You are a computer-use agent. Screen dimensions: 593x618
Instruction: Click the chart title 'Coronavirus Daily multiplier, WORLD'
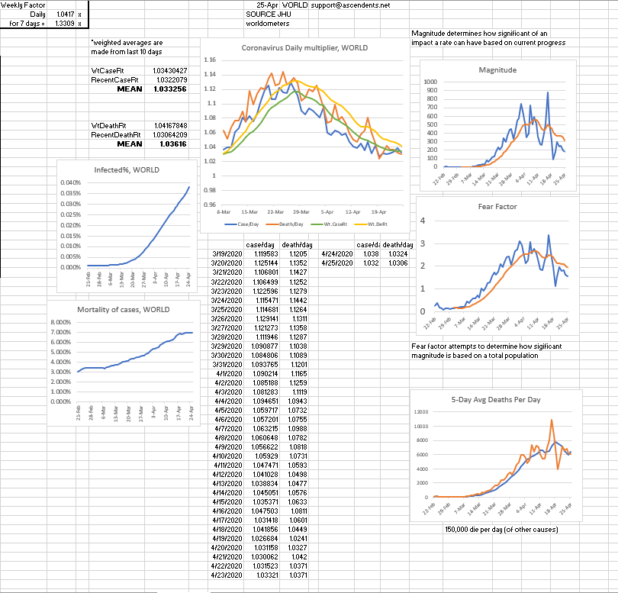coord(304,47)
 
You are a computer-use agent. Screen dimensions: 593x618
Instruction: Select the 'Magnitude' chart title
coord(497,69)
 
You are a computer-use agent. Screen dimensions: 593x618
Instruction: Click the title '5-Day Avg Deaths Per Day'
coord(496,398)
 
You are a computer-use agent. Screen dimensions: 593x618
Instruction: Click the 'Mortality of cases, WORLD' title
coord(124,309)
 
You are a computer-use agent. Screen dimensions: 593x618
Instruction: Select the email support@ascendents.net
coord(350,5)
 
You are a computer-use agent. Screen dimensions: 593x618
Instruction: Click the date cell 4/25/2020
coord(337,263)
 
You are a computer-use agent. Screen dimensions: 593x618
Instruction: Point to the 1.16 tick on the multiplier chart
coord(211,60)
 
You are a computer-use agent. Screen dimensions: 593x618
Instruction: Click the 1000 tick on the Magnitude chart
coord(431,82)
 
